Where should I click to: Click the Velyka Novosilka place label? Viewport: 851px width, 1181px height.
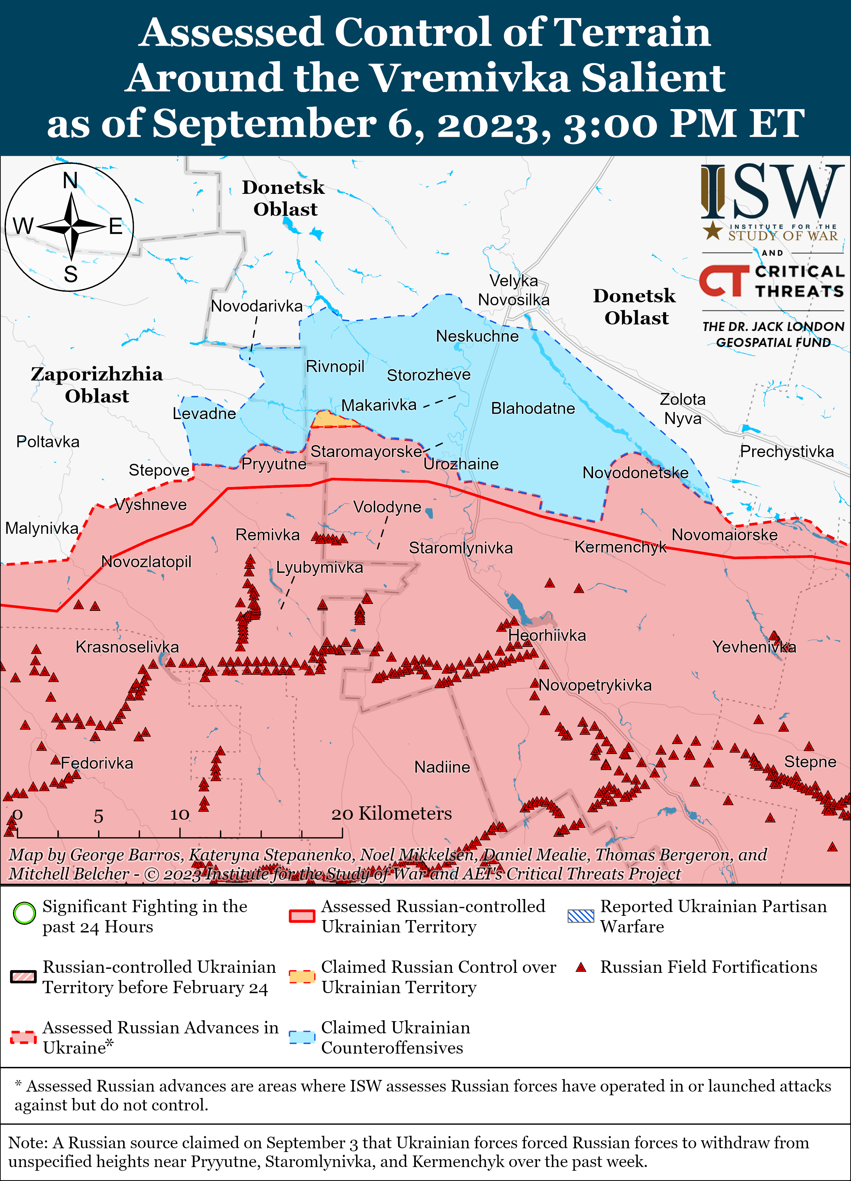(514, 290)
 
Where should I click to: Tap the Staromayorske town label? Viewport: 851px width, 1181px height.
(366, 451)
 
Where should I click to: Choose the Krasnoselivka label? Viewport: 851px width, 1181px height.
(127, 647)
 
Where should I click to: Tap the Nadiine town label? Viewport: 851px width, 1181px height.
(442, 767)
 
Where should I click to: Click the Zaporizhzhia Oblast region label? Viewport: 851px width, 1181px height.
(96, 385)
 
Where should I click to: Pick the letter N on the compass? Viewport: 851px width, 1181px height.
(70, 181)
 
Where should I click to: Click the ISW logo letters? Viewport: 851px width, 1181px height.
(771, 193)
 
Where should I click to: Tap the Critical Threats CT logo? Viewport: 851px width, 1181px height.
(723, 280)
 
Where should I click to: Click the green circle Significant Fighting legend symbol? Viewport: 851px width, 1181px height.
(24, 912)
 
